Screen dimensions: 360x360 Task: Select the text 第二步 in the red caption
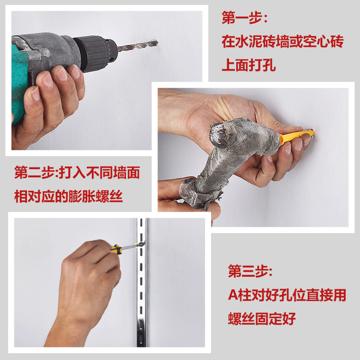pos(34,172)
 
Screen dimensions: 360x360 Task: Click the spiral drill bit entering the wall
pos(138,45)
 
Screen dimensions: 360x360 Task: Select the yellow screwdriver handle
pos(116,249)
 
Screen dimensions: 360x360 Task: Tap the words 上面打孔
pos(249,65)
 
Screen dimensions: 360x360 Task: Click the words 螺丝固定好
pos(262,319)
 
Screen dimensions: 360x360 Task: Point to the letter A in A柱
pos(233,295)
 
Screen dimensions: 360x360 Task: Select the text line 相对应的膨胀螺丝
pos(68,196)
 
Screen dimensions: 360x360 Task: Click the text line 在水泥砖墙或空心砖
pos(283,41)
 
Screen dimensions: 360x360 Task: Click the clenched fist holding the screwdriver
pos(90,273)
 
